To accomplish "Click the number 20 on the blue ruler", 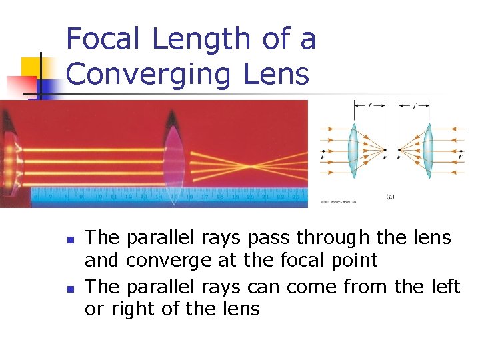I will coord(250,197).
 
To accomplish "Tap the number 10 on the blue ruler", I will coord(99,197).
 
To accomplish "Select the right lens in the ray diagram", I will coord(431,151).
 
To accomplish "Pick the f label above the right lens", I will coord(414,105).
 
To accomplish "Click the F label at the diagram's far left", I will coord(323,159).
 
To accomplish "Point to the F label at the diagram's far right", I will coord(459,159).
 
